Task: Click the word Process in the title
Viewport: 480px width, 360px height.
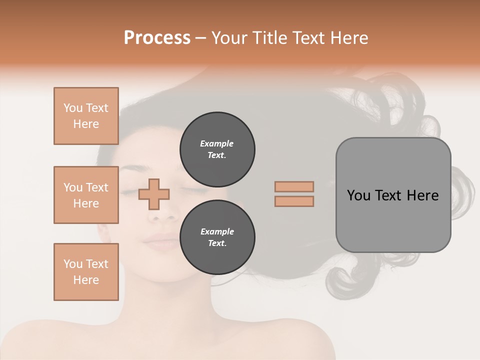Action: click(157, 38)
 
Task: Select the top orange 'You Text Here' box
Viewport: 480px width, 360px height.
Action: click(86, 116)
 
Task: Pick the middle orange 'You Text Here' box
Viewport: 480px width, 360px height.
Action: click(86, 195)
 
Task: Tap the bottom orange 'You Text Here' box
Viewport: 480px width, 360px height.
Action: click(86, 272)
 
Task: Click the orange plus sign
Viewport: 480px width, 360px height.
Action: click(154, 194)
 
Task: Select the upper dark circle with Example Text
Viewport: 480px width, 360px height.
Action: click(217, 149)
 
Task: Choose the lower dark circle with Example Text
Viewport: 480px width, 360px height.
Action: click(217, 237)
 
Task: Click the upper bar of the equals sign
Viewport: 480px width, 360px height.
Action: click(294, 187)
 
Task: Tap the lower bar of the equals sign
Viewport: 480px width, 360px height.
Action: click(294, 201)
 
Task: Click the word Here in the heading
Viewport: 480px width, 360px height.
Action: click(349, 38)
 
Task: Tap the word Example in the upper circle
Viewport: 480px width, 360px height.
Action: click(217, 144)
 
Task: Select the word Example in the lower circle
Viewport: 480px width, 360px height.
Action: click(217, 232)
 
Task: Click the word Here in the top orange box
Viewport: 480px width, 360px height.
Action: click(86, 124)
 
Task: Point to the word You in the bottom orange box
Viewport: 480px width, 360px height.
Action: click(73, 264)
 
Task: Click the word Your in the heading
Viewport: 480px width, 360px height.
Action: click(229, 38)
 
